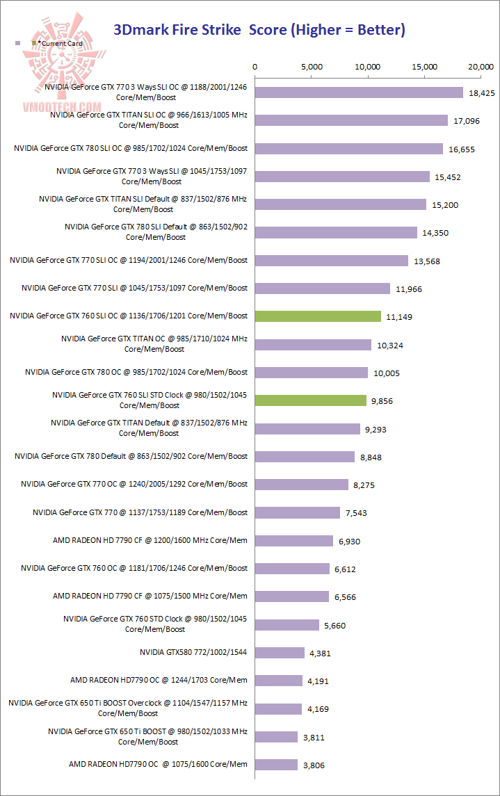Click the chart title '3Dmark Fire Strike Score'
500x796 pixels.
click(x=259, y=30)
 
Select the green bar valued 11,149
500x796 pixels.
click(x=318, y=316)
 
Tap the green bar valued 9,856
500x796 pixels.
click(x=311, y=400)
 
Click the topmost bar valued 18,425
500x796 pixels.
click(x=359, y=92)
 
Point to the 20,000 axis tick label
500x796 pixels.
click(x=482, y=67)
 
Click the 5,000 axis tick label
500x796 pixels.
click(x=312, y=67)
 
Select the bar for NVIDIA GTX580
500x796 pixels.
click(x=280, y=653)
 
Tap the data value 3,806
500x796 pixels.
click(x=313, y=765)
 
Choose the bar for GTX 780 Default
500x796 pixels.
click(x=305, y=457)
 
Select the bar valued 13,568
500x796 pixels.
click(x=332, y=261)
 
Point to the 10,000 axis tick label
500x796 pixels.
click(x=368, y=67)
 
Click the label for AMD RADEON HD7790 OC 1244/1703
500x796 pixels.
click(x=159, y=680)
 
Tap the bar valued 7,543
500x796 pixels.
click(x=298, y=512)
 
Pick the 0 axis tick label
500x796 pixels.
click(x=255, y=67)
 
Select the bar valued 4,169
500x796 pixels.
click(x=279, y=708)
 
